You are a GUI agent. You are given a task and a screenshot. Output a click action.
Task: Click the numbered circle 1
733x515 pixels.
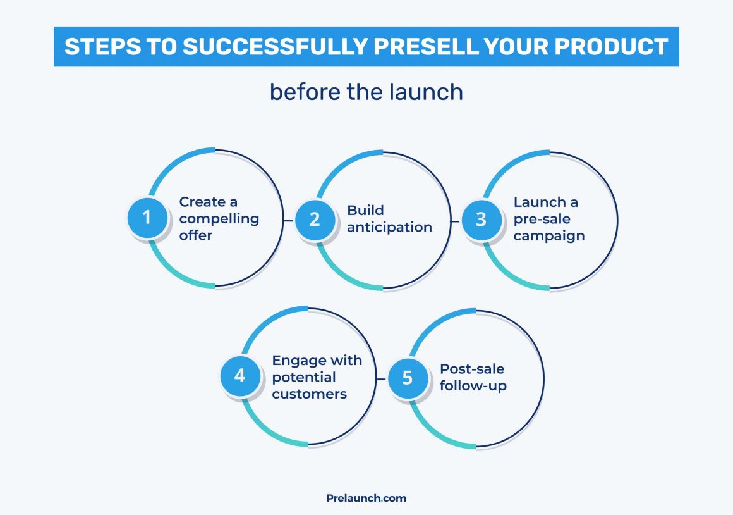(147, 218)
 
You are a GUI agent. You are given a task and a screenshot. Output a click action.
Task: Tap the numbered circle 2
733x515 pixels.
(315, 220)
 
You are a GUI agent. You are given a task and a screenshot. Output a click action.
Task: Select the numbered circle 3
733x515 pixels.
(482, 220)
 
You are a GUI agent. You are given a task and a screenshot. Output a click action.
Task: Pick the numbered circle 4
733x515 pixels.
(239, 376)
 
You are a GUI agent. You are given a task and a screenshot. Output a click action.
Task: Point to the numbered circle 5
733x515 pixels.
(407, 378)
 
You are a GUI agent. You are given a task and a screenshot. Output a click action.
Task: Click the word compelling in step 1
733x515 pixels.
(219, 219)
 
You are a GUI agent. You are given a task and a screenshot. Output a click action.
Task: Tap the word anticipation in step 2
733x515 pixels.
(389, 227)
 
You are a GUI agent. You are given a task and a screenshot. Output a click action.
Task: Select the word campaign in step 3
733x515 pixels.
(548, 235)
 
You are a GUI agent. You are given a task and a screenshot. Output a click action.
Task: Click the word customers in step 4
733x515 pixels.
(309, 394)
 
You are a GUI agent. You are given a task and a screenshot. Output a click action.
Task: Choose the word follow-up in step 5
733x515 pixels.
(473, 386)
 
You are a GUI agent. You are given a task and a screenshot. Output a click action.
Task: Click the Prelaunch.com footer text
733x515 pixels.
(366, 498)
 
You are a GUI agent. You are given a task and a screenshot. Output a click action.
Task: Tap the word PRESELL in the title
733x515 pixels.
(447, 47)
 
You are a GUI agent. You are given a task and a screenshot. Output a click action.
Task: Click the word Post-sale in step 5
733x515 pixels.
(472, 369)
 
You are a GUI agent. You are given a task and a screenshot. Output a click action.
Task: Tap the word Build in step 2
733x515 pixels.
(365, 211)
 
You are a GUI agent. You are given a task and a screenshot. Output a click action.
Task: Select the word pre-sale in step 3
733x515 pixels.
(542, 219)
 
